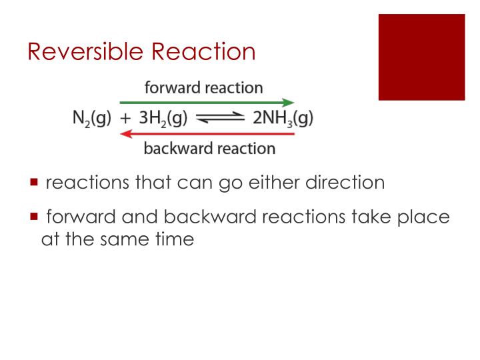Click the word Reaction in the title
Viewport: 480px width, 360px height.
tap(203, 52)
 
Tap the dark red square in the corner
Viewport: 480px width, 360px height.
tap(421, 57)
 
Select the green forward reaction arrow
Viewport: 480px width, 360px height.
tap(207, 103)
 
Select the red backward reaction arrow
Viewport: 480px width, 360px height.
tap(207, 134)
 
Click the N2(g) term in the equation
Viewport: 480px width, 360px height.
tap(91, 119)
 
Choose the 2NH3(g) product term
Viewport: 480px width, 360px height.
tap(283, 119)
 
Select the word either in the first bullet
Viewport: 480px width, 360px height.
tap(262, 182)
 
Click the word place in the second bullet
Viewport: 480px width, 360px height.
tap(423, 217)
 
